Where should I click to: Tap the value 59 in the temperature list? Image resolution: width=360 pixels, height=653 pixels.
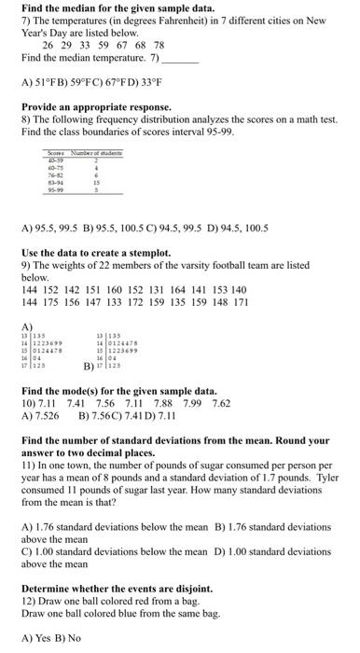98,44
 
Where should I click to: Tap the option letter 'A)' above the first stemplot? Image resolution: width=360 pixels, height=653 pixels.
26,326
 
